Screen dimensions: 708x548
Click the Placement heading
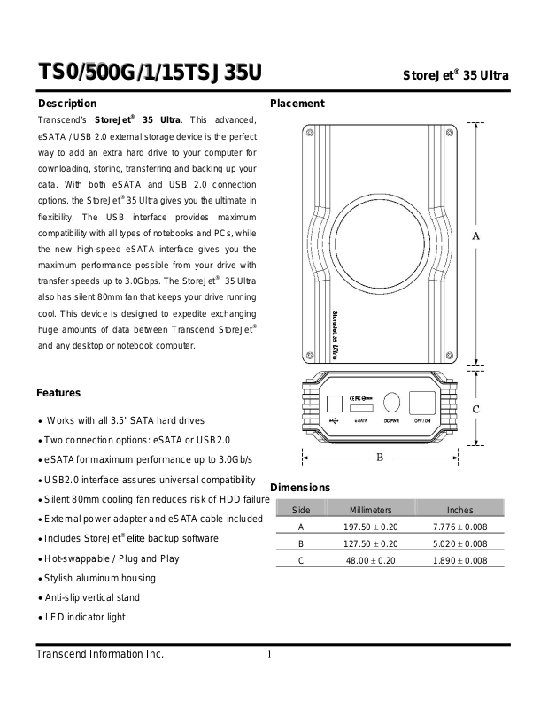pyautogui.click(x=297, y=104)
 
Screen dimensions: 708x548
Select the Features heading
pyautogui.click(x=58, y=393)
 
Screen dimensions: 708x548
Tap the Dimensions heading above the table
pyautogui.click(x=299, y=488)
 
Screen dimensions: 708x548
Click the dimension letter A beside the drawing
pyautogui.click(x=475, y=235)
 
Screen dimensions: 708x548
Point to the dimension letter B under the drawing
pyautogui.click(x=380, y=458)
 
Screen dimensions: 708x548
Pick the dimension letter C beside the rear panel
pyautogui.click(x=475, y=409)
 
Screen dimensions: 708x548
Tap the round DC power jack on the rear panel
pyautogui.click(x=391, y=404)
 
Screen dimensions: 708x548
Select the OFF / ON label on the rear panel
pyautogui.click(x=423, y=422)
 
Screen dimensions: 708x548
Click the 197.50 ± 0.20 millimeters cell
pyautogui.click(x=371, y=527)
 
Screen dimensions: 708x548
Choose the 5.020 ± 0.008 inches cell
pyautogui.click(x=459, y=543)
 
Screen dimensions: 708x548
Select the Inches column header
pyautogui.click(x=459, y=510)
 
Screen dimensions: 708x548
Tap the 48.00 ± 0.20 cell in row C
pyautogui.click(x=371, y=560)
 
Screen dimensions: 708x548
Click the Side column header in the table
pyautogui.click(x=301, y=510)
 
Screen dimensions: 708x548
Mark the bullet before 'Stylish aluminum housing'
pyautogui.click(x=40, y=579)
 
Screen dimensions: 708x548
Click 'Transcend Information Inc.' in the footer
pyautogui.click(x=100, y=655)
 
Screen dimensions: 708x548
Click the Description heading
pyautogui.click(x=66, y=104)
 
